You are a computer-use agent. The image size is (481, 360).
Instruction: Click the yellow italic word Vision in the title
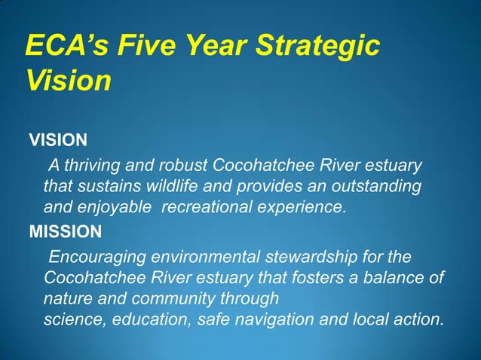68,81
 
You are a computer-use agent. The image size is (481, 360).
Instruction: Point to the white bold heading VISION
58,140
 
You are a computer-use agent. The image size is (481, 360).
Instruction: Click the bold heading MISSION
64,230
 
